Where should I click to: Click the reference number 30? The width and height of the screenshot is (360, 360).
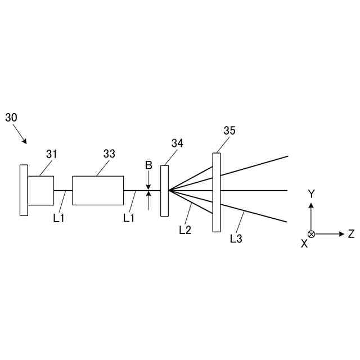11,118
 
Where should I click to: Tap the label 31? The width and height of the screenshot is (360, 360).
52,154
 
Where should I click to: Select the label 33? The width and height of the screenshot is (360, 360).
109,154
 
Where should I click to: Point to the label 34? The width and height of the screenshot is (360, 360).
177,143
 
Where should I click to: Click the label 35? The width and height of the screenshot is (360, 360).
229,130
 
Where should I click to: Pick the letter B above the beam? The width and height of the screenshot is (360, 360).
148,165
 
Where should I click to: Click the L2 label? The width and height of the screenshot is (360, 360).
185,229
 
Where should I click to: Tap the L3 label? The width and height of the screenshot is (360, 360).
236,238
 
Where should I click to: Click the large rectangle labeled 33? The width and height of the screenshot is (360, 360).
98,191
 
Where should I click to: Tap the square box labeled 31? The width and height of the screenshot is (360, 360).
40,191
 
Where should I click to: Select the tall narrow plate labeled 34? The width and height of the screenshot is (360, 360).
164,190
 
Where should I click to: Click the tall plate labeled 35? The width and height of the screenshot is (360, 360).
217,192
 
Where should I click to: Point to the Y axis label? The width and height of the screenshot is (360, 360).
311,193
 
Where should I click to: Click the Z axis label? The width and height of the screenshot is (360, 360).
351,234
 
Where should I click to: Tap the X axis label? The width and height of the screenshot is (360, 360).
304,244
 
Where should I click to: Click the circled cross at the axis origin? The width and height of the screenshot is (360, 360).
311,234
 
